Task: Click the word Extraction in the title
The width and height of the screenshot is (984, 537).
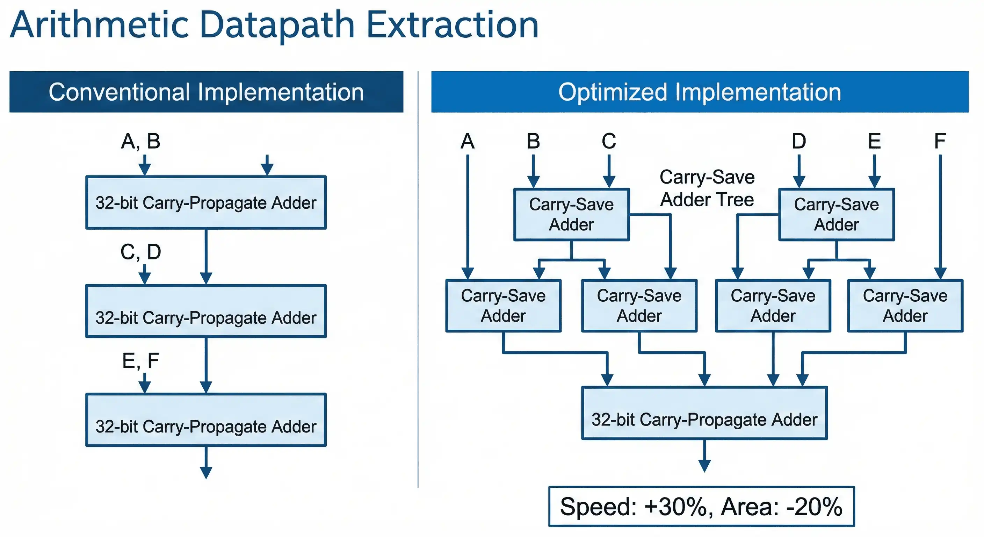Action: (x=452, y=25)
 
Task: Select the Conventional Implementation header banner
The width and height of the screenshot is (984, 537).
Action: (x=206, y=92)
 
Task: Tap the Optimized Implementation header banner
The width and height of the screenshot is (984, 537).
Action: (x=700, y=92)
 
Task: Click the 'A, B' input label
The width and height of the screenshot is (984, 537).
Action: (x=140, y=141)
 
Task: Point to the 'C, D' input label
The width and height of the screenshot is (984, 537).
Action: (x=140, y=252)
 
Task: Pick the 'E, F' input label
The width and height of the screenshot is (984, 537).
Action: (x=140, y=360)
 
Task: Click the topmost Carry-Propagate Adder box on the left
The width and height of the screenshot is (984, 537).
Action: (x=206, y=202)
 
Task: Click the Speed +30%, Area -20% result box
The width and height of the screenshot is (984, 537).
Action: (x=701, y=507)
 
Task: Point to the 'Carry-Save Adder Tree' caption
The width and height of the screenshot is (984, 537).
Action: (x=707, y=188)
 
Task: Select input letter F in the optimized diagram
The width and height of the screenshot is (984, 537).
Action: (x=940, y=141)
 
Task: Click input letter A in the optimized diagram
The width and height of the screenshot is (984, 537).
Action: (x=468, y=141)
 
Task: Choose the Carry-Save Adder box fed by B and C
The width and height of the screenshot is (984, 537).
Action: (x=571, y=214)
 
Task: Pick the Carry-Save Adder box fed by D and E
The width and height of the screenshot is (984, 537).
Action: (x=836, y=214)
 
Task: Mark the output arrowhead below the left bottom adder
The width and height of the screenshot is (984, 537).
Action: (x=206, y=473)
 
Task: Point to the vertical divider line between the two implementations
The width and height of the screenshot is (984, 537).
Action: (x=418, y=279)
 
